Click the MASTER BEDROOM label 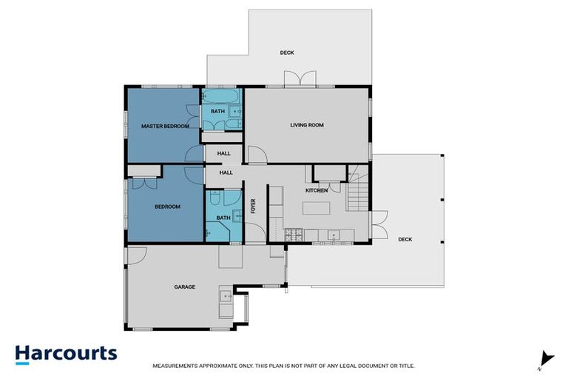pos(165,127)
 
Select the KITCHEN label pos(317,191)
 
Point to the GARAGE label pos(184,286)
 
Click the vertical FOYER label pos(252,204)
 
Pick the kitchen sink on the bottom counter pos(334,235)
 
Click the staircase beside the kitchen pos(359,192)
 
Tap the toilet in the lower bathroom pos(214,199)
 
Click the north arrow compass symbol pos(546,358)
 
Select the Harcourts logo pos(67,353)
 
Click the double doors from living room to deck pos(294,79)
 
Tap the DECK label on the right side pos(405,239)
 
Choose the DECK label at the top pos(287,53)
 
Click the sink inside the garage pos(225,297)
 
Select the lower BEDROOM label pos(167,207)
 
